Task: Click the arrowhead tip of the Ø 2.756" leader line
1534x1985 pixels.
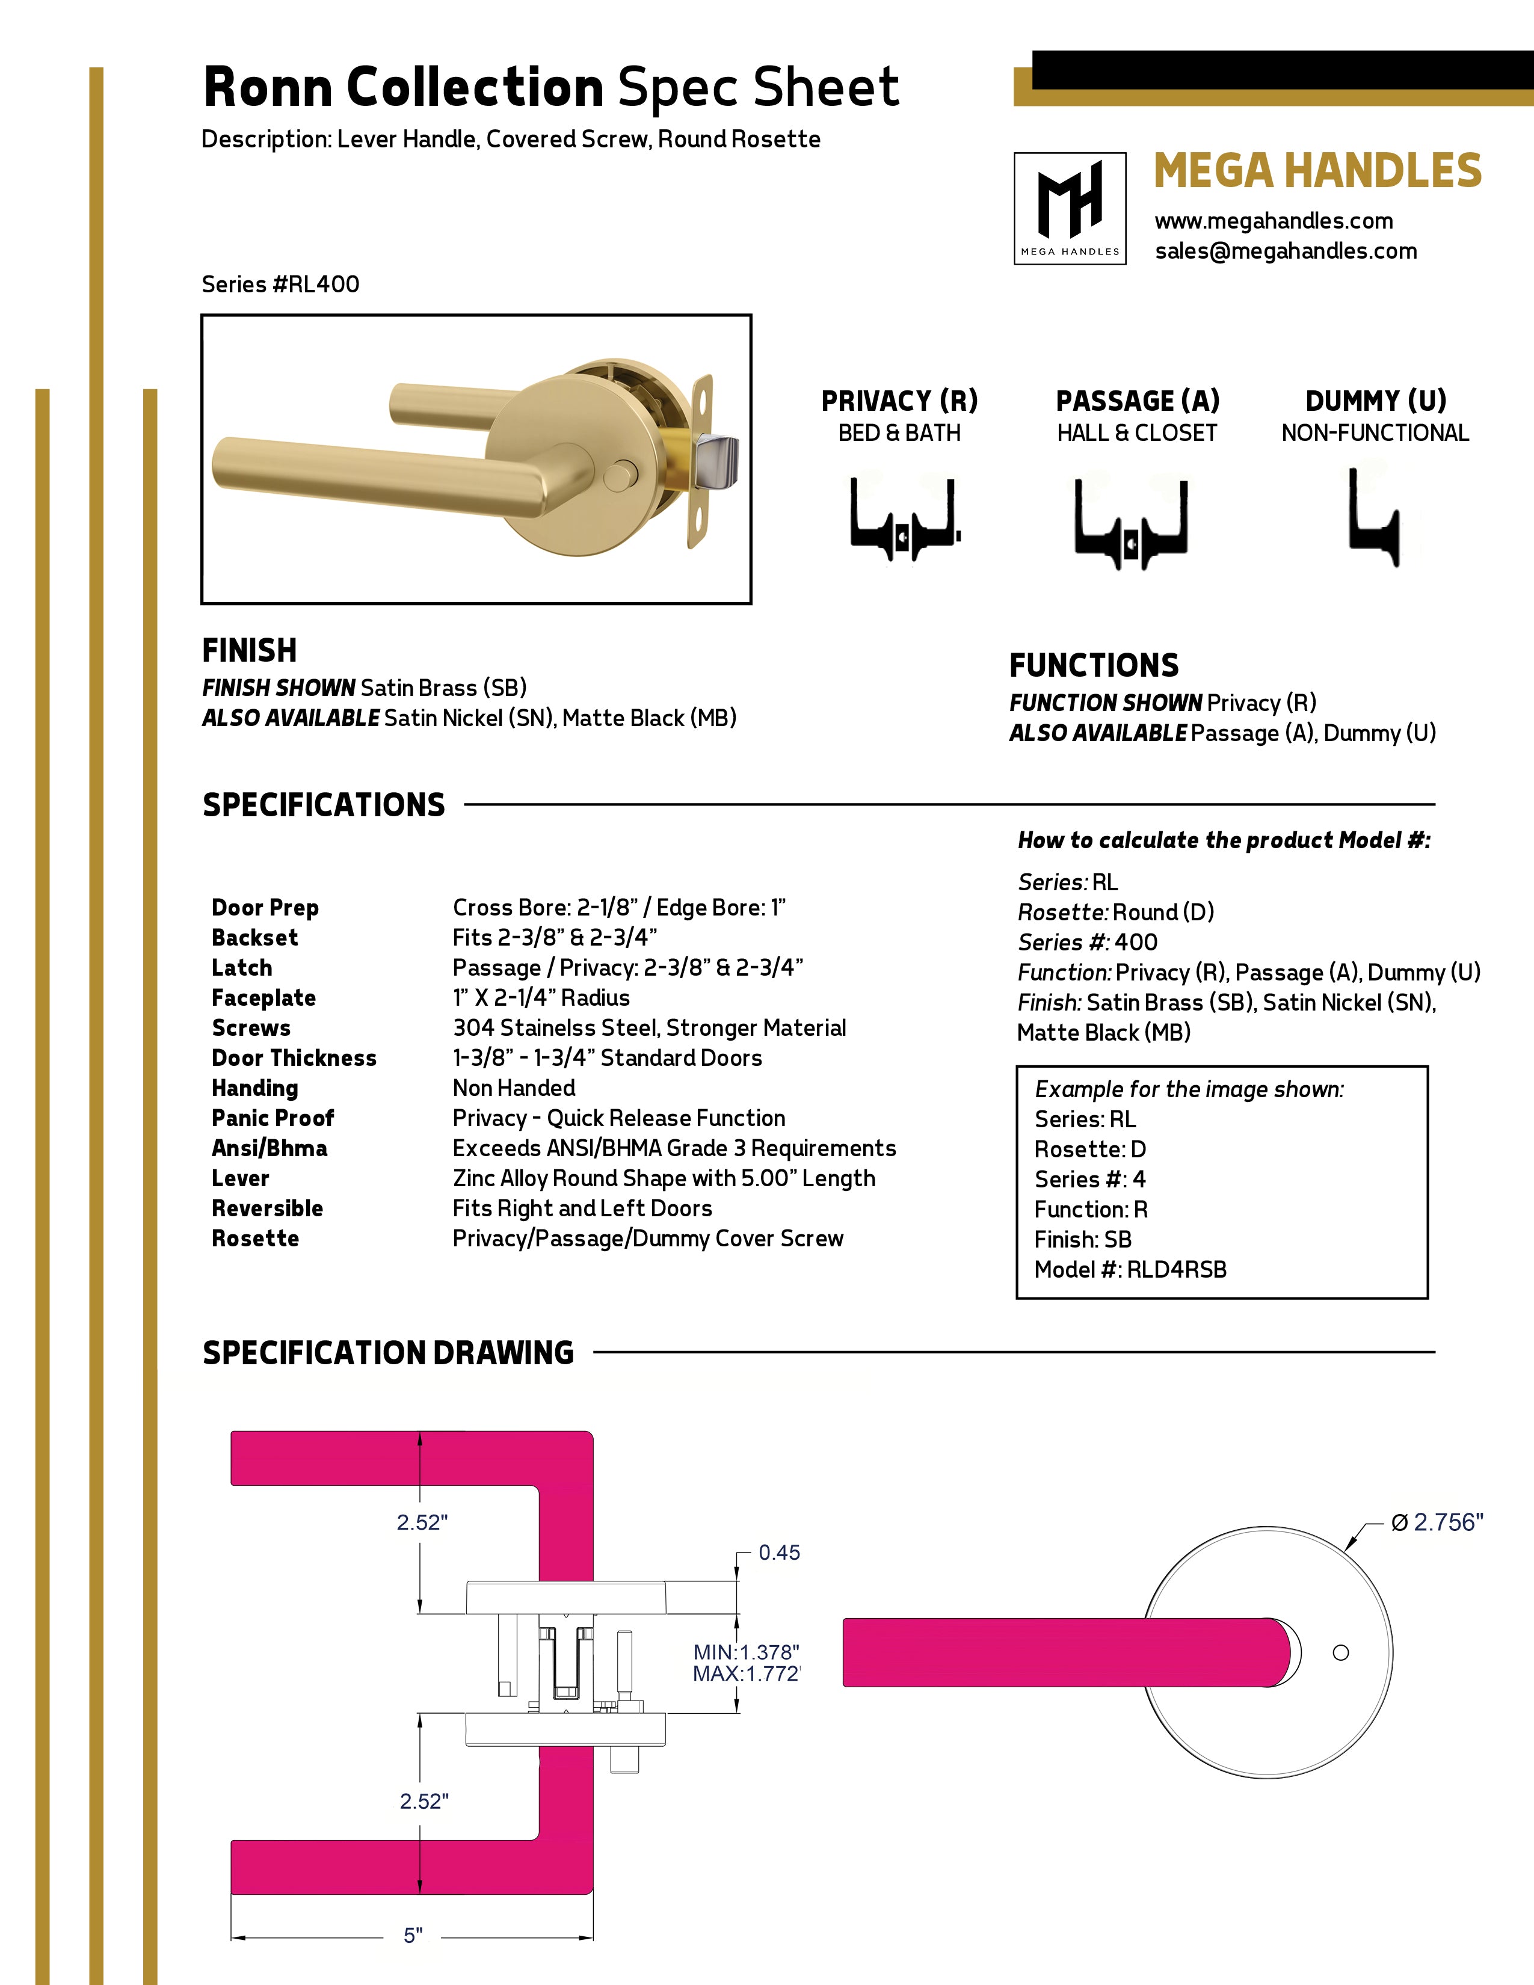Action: tap(1346, 1549)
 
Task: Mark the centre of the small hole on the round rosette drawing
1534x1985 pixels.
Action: tap(1340, 1652)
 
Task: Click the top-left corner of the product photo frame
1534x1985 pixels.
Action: tap(202, 315)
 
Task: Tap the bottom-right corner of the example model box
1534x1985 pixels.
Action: tap(1428, 1298)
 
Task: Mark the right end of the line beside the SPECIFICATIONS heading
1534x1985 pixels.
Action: tap(1435, 804)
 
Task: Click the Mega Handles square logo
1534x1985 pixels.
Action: tap(1070, 208)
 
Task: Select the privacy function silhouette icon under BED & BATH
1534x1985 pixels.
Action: tap(904, 519)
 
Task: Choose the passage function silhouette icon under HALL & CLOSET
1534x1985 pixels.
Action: tap(1130, 523)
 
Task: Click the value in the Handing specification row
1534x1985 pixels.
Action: tap(514, 1088)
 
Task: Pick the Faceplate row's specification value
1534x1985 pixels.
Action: tap(541, 998)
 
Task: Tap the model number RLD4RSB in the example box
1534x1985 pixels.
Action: tap(1177, 1270)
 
